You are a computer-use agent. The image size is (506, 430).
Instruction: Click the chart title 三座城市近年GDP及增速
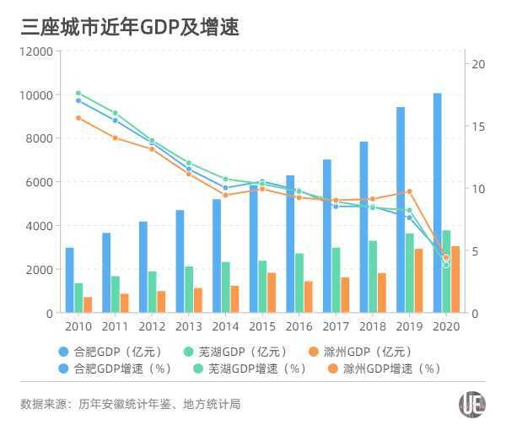(131, 27)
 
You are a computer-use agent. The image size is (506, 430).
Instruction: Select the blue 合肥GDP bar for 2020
(437, 202)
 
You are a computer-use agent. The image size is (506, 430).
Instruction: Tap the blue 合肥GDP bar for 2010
(69, 280)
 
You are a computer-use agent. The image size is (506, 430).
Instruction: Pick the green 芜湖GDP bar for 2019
(409, 273)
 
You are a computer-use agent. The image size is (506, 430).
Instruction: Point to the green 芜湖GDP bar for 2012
(152, 292)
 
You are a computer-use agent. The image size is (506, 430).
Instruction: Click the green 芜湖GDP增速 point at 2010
(78, 94)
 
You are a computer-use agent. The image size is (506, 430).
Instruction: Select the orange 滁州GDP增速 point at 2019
(409, 191)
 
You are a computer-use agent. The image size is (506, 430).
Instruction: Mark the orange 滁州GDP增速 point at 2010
(78, 118)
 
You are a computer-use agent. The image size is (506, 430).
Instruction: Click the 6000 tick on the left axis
(40, 182)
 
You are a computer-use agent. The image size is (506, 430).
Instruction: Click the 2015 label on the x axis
(262, 326)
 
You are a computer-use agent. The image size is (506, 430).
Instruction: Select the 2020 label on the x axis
(446, 326)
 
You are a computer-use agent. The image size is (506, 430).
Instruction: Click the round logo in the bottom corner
(471, 404)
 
